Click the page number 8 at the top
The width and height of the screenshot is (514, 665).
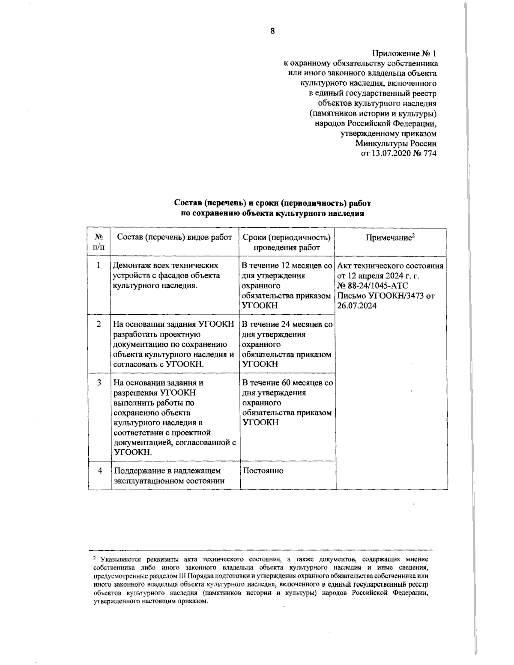[272, 31]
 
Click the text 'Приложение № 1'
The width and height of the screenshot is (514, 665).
[404, 54]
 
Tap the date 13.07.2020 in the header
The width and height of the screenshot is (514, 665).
[391, 153]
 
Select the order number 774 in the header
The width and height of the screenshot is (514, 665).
[430, 153]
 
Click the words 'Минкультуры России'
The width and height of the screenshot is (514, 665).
[396, 143]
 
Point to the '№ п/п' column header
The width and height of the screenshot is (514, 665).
[99, 242]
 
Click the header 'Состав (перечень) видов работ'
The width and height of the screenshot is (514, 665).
[174, 237]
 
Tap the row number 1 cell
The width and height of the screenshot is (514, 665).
[99, 265]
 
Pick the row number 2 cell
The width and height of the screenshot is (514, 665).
[99, 324]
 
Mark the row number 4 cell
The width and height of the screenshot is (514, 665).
[99, 470]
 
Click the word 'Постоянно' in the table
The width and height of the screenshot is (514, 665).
[263, 471]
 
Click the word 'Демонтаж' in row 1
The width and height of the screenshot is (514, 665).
[131, 265]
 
